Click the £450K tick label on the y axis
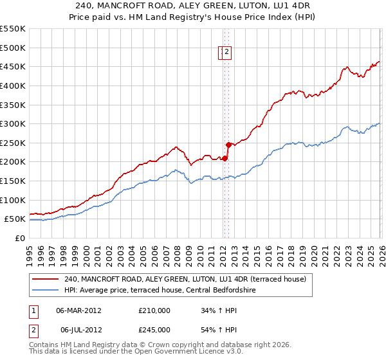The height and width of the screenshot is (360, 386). pyautogui.click(x=13, y=67)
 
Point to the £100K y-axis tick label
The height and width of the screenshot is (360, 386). pyautogui.click(x=13, y=201)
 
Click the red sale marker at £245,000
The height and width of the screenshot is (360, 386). pyautogui.click(x=228, y=145)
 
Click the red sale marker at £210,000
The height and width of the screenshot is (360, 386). pyautogui.click(x=225, y=158)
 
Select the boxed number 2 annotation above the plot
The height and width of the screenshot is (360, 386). pyautogui.click(x=228, y=53)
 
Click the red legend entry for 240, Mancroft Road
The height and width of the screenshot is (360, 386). pyautogui.click(x=188, y=279)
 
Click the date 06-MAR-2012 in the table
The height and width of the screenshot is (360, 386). pyautogui.click(x=78, y=310)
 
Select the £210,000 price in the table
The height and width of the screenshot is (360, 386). pyautogui.click(x=154, y=310)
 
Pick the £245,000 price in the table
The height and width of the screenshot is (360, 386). pyautogui.click(x=154, y=330)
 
